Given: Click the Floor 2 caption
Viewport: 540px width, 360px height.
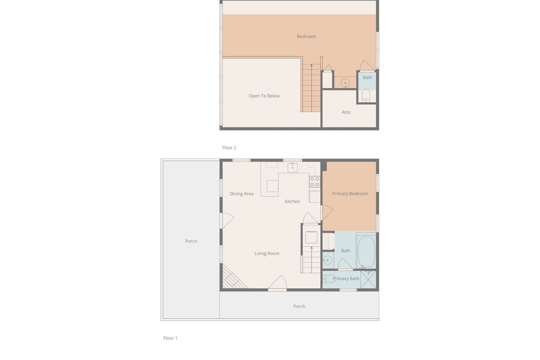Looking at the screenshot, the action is tap(229, 148).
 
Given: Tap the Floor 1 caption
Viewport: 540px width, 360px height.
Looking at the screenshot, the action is tap(170, 338).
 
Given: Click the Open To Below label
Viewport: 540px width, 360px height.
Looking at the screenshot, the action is tap(264, 96).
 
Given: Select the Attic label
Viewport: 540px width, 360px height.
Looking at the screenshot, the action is tap(346, 112).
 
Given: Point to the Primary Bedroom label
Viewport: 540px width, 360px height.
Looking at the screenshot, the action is tap(350, 193).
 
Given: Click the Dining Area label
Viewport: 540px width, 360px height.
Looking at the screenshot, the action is tap(241, 193).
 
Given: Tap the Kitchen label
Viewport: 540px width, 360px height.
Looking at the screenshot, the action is tap(292, 201).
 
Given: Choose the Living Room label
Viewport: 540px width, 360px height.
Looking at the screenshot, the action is tap(267, 253).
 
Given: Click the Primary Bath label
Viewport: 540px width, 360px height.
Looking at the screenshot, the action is tap(346, 279).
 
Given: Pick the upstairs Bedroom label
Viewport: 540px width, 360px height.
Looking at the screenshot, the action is tap(306, 36).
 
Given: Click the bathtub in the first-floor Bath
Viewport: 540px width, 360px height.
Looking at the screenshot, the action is tap(366, 251).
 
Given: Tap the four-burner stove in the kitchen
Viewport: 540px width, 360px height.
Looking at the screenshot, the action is tap(315, 182).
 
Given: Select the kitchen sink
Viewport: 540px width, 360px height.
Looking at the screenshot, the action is tap(292, 167).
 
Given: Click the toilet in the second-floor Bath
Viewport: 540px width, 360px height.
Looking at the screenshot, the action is tap(366, 95).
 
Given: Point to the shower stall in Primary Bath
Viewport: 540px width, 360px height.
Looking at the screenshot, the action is tap(368, 279).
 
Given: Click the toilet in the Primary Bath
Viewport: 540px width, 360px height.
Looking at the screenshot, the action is tap(329, 279).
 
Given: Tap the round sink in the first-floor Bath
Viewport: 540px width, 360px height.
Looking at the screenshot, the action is tap(328, 261).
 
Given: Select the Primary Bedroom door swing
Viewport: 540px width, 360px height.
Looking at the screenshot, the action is tap(327, 212).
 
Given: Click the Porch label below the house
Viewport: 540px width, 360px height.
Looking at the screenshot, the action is tap(299, 306).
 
